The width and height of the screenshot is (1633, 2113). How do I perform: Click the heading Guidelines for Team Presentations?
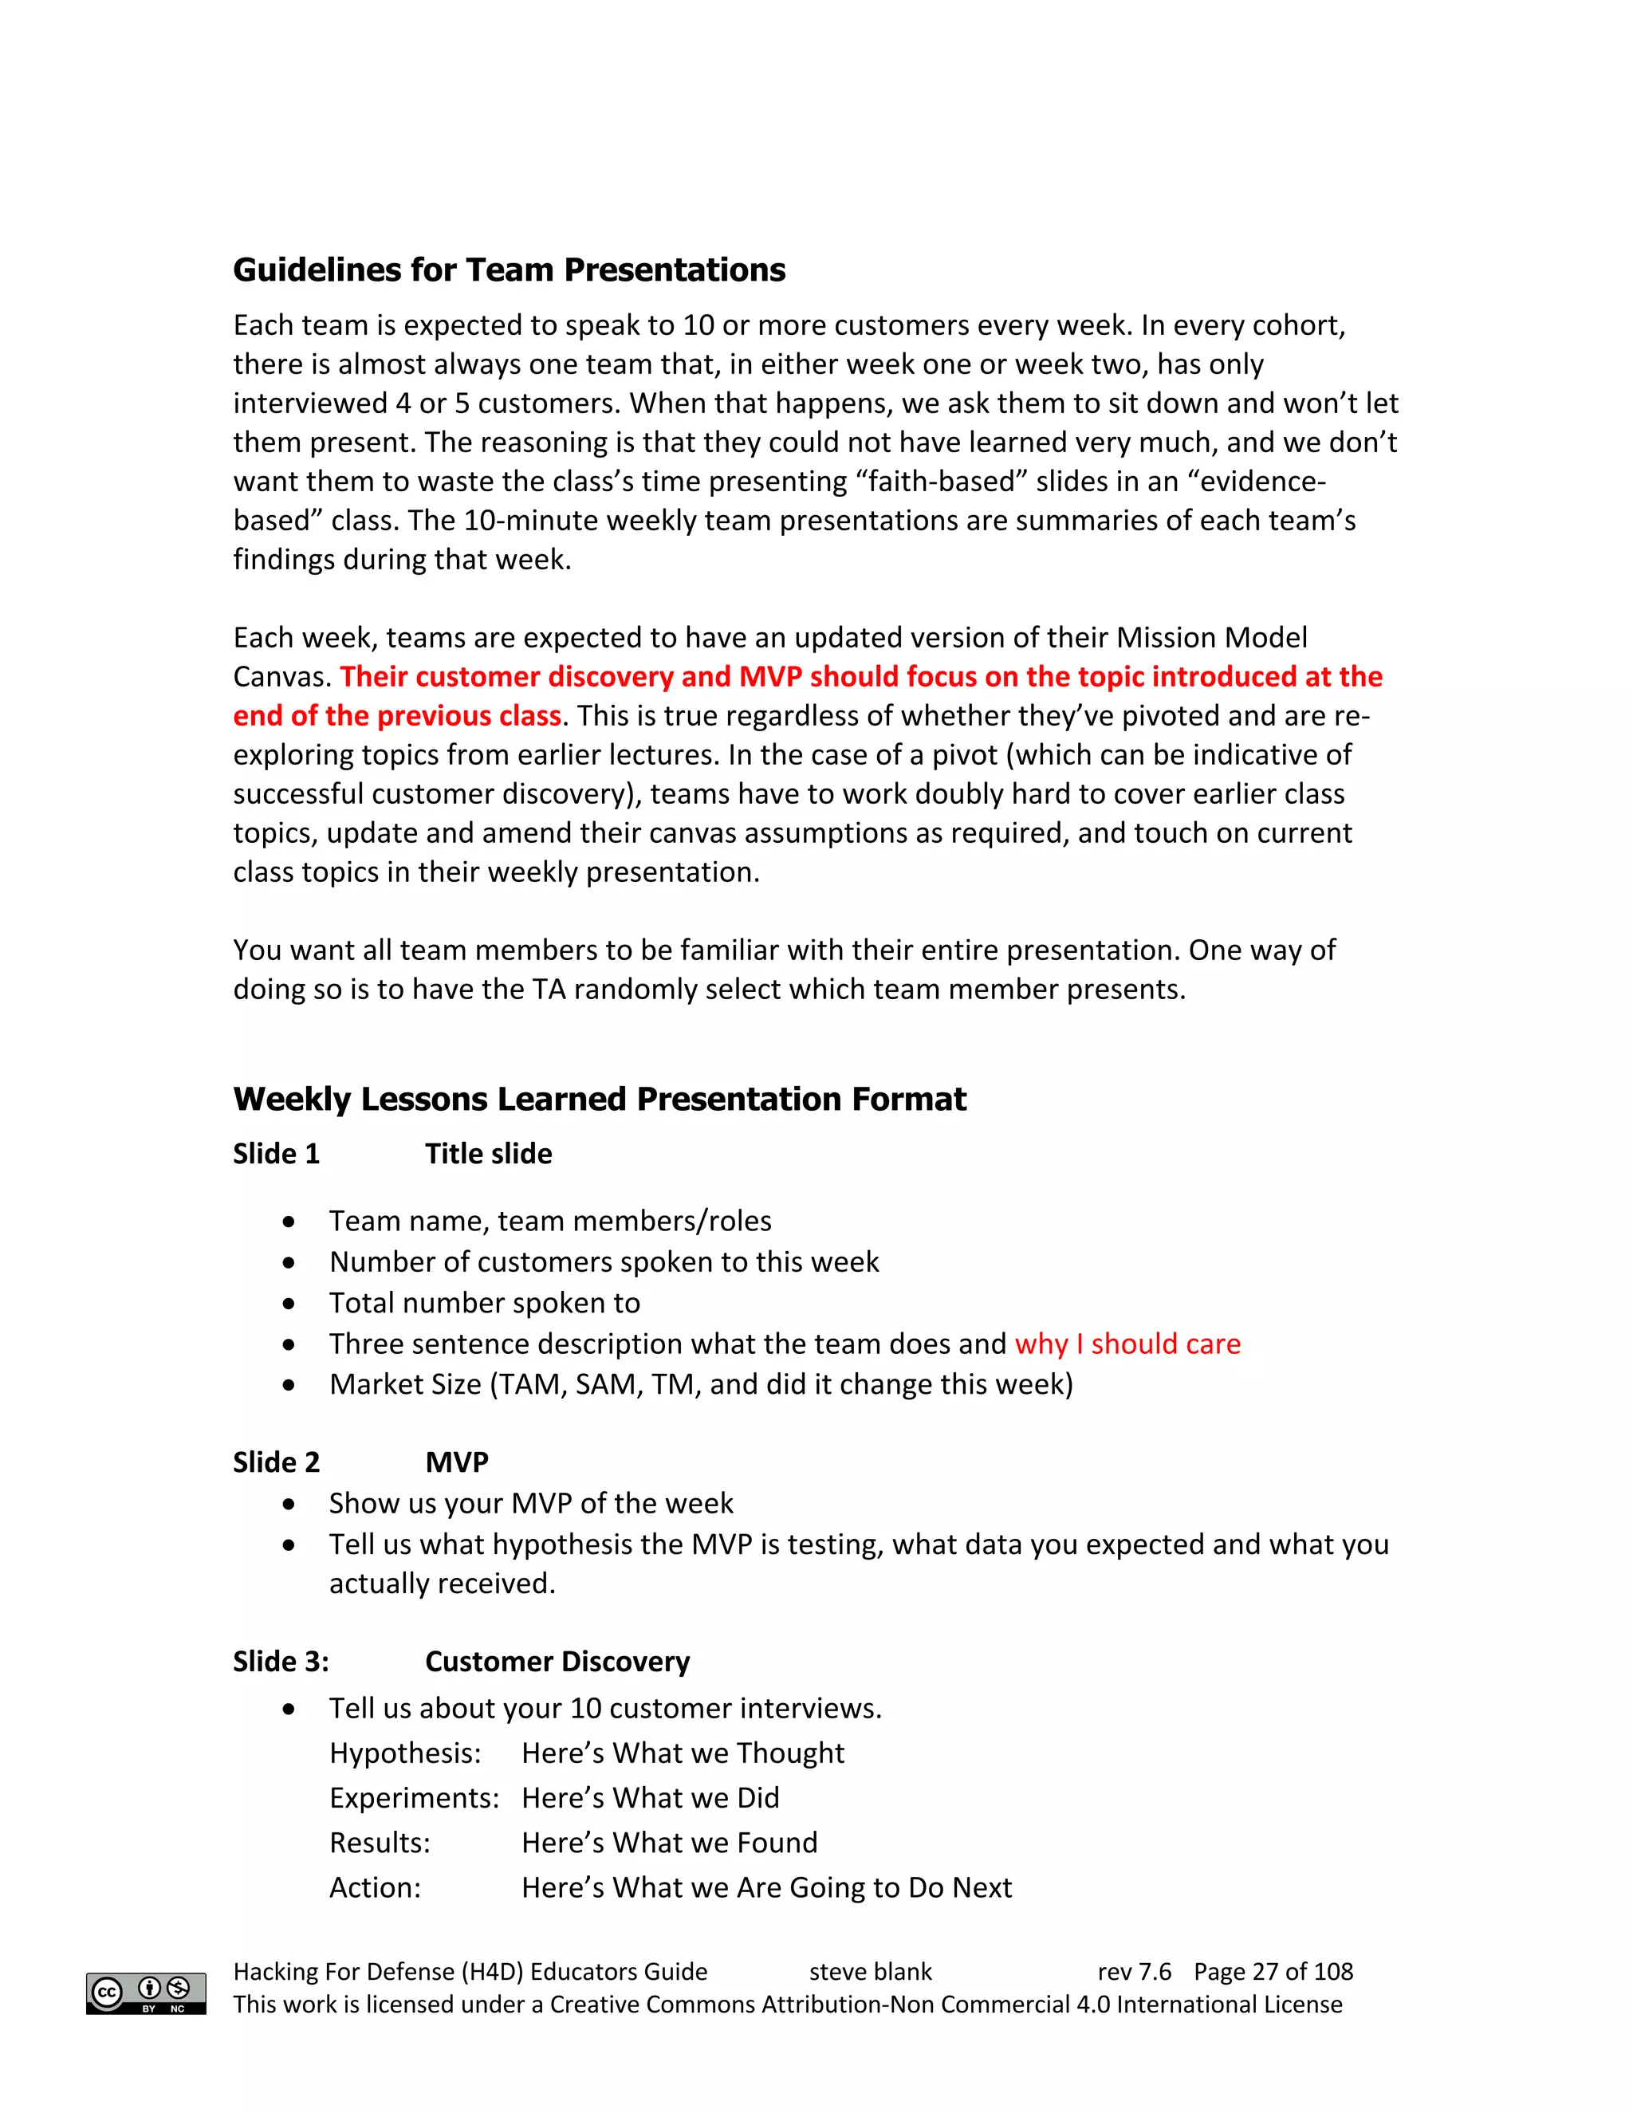(509, 270)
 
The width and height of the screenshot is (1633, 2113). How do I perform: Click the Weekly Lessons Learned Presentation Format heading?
(599, 1099)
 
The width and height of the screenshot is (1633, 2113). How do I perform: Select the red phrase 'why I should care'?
(1127, 1344)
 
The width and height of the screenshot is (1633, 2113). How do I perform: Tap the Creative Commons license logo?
(146, 1993)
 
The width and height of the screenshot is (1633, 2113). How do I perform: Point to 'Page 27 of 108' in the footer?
(1273, 1972)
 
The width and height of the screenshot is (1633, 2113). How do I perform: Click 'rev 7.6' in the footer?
(1134, 1972)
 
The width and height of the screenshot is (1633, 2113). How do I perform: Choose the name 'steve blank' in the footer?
(870, 1972)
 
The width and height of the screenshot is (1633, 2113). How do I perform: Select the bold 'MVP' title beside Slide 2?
(457, 1462)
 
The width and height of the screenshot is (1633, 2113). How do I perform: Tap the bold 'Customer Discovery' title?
(557, 1661)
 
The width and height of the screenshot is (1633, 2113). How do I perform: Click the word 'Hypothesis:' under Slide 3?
(404, 1753)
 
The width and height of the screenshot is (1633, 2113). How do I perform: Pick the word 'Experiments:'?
(414, 1797)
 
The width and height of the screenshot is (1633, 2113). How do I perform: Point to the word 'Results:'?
(380, 1843)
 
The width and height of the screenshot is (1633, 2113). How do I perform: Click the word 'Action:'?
(375, 1887)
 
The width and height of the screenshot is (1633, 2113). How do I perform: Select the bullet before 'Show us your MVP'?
(289, 1505)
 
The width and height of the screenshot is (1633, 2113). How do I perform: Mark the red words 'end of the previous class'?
(396, 716)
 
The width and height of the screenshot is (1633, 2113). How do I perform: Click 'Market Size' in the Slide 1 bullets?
(404, 1384)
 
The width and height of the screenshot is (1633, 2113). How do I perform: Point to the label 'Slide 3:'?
(281, 1661)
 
